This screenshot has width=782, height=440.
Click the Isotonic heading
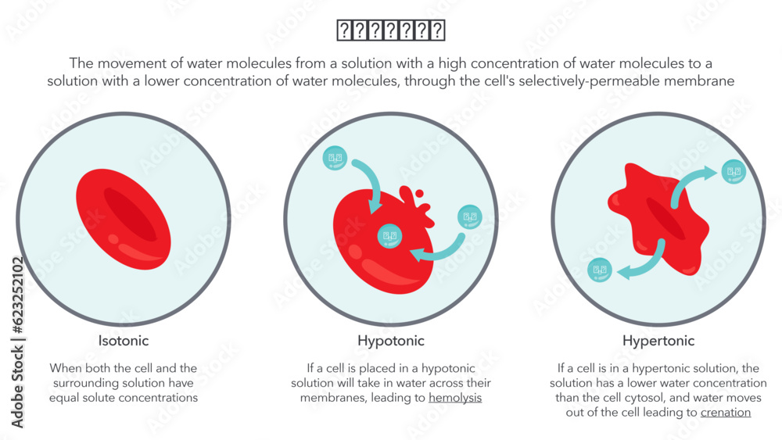[124, 341]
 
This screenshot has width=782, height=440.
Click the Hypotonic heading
[391, 341]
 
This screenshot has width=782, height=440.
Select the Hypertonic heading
[658, 341]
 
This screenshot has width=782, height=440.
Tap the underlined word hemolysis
[455, 398]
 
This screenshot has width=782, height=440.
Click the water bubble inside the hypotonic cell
[389, 235]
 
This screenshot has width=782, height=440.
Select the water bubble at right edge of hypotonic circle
[469, 216]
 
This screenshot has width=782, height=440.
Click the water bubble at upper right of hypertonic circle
[733, 171]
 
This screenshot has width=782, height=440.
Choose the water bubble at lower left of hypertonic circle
[600, 270]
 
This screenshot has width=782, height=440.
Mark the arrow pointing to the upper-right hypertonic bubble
[688, 184]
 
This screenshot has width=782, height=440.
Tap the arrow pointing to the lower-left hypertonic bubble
[644, 263]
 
